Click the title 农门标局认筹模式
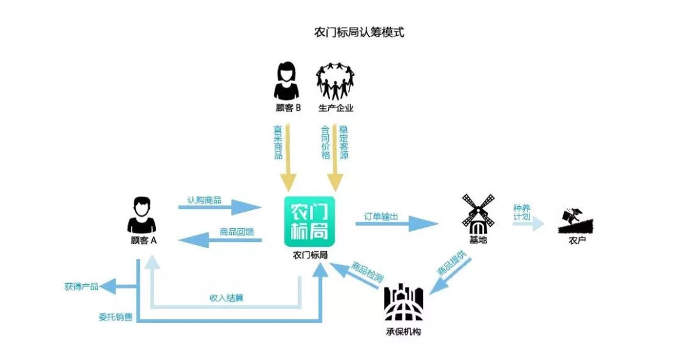(358, 33)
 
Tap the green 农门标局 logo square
(309, 222)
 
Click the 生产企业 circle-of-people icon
(336, 81)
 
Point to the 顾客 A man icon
(141, 215)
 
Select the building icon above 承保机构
(403, 303)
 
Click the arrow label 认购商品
(204, 200)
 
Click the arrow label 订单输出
(381, 216)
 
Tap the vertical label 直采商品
(278, 143)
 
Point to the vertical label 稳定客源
(344, 143)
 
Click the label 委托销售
(115, 317)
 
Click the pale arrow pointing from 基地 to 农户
(528, 224)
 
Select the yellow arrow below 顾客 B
(289, 170)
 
